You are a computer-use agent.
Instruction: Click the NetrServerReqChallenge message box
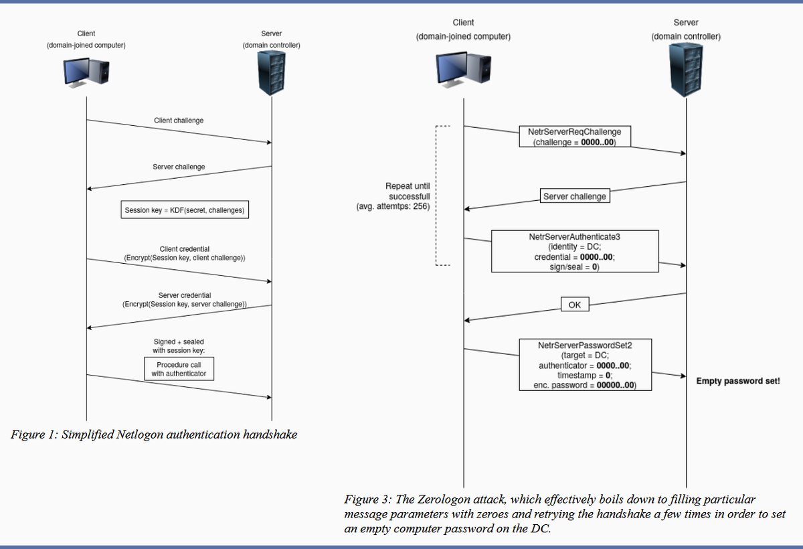pyautogui.click(x=575, y=137)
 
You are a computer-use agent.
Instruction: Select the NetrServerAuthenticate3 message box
pyautogui.click(x=575, y=251)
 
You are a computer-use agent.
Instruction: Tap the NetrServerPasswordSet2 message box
pyautogui.click(x=586, y=365)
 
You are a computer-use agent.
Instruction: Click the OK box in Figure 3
pyautogui.click(x=575, y=305)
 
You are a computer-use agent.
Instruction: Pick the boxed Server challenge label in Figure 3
pyautogui.click(x=575, y=196)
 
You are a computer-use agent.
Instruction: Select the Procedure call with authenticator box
pyautogui.click(x=179, y=369)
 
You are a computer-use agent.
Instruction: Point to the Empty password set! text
pyautogui.click(x=737, y=381)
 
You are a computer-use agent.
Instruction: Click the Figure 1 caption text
pyautogui.click(x=154, y=435)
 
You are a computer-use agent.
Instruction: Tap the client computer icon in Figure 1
pyautogui.click(x=86, y=71)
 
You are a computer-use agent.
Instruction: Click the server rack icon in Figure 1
pyautogui.click(x=271, y=73)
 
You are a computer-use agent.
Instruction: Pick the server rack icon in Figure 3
pyautogui.click(x=686, y=71)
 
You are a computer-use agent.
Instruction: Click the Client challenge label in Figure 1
pyautogui.click(x=179, y=121)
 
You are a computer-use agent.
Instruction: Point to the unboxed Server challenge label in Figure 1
pyautogui.click(x=179, y=167)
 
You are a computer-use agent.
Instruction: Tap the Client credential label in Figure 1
pyautogui.click(x=185, y=254)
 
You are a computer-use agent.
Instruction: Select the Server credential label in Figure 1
pyautogui.click(x=185, y=300)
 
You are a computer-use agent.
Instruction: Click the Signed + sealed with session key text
pyautogui.click(x=179, y=346)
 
